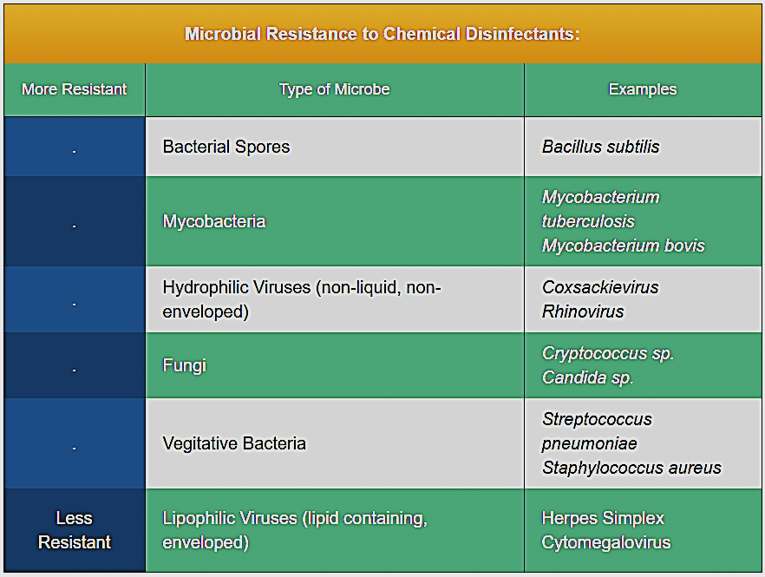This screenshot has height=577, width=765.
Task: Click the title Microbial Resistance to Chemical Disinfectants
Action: [382, 34]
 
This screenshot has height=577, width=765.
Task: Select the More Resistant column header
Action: [75, 89]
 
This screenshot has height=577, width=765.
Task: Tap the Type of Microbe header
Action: [334, 89]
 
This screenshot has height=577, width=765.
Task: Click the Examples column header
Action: [643, 89]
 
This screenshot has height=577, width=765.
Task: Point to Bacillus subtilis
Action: [600, 147]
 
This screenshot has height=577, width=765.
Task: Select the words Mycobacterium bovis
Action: [624, 246]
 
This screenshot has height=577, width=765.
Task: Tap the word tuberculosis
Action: [588, 221]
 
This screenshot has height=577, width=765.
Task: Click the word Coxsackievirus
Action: [600, 287]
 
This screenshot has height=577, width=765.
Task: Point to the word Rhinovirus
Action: [583, 311]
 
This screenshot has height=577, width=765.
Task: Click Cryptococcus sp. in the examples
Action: [608, 353]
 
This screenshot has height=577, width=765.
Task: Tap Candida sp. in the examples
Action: [588, 377]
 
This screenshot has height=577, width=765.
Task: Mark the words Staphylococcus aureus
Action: [631, 468]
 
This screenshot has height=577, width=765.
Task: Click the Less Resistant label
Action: [75, 530]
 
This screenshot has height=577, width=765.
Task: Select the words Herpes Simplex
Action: [603, 518]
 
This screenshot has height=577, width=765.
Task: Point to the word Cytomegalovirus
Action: [606, 542]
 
